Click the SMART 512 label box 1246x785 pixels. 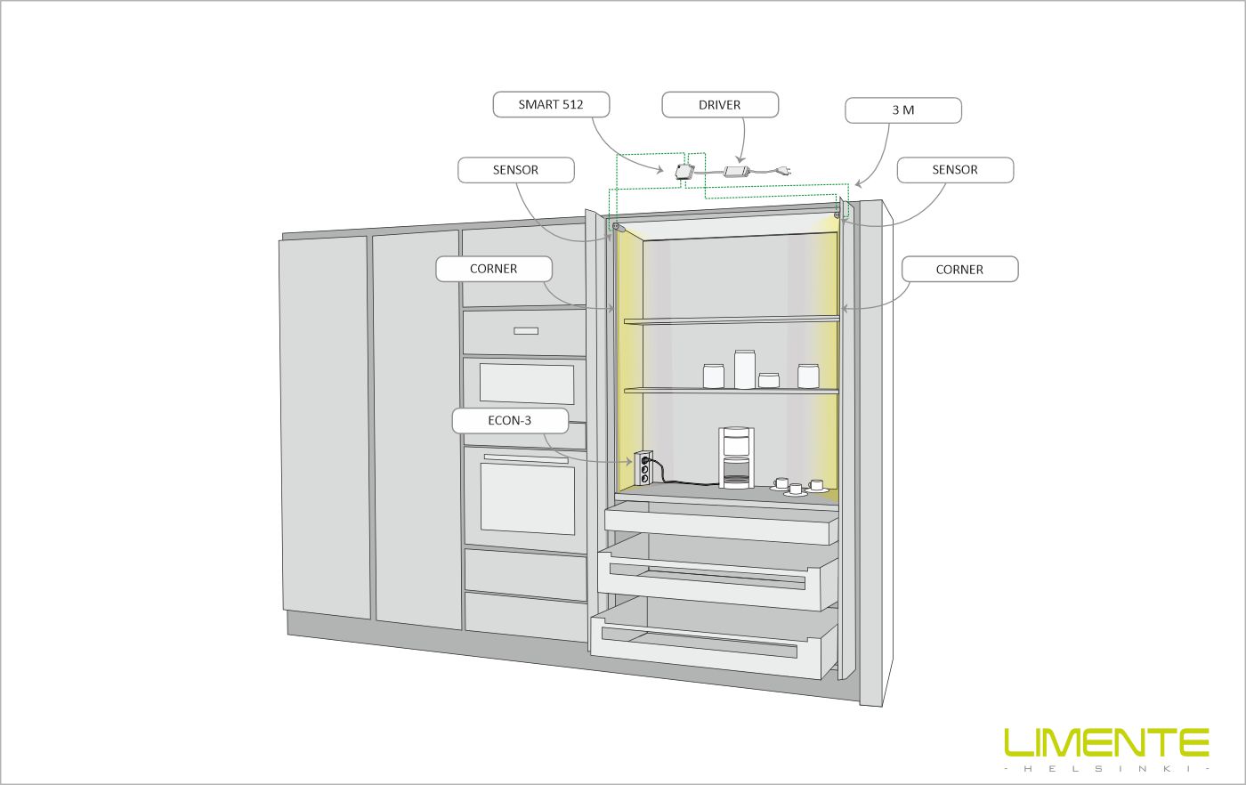click(551, 105)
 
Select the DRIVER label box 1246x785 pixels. click(720, 105)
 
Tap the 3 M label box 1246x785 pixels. click(903, 110)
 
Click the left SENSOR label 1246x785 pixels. click(515, 170)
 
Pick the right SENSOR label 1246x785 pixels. click(955, 170)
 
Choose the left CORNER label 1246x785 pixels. click(493, 269)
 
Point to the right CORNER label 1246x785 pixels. click(959, 270)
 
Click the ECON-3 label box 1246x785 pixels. click(510, 421)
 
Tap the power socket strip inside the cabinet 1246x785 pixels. click(643, 468)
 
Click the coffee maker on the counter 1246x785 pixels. click(736, 457)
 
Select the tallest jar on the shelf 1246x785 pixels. click(744, 368)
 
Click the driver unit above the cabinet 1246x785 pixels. click(737, 170)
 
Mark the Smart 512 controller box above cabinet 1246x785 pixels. click(684, 172)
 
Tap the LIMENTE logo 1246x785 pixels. click(1106, 742)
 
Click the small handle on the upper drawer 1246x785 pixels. click(526, 331)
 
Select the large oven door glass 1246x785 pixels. click(527, 498)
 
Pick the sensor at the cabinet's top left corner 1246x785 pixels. click(618, 227)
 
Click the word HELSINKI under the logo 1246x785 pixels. click(1107, 768)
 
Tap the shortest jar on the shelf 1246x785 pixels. click(769, 380)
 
